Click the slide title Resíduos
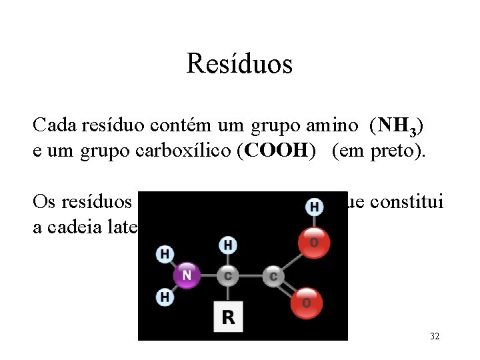click(x=239, y=64)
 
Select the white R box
click(x=228, y=317)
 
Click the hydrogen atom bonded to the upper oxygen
click(x=314, y=207)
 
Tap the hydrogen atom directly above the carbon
click(x=228, y=245)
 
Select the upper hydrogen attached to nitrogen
click(x=164, y=254)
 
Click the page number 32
click(x=435, y=336)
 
